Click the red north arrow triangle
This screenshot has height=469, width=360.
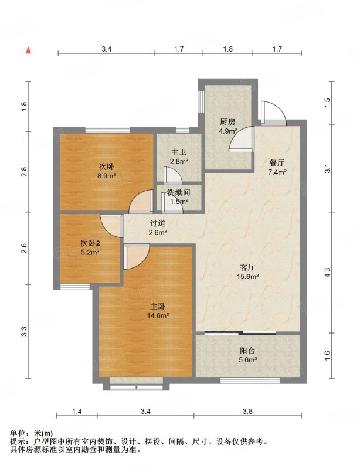[28, 50]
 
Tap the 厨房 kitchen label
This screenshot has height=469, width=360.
[227, 122]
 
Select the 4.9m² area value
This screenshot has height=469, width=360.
[228, 130]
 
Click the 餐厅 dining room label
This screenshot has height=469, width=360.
[277, 163]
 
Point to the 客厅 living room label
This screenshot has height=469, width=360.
[247, 267]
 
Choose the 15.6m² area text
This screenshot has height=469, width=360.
[248, 276]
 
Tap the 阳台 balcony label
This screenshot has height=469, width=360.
[247, 351]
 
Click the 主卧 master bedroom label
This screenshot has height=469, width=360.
[158, 306]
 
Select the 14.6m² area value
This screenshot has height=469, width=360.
[158, 315]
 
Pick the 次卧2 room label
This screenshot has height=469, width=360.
[90, 243]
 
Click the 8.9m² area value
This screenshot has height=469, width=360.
[107, 175]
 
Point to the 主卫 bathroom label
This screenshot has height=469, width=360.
[179, 153]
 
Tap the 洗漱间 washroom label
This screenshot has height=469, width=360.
[179, 192]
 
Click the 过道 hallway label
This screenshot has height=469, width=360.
[158, 223]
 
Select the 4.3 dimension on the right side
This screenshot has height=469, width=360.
[327, 272]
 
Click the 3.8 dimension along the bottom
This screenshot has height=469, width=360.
[248, 412]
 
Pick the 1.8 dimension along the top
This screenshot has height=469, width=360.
[228, 49]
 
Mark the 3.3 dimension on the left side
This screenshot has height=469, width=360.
[24, 331]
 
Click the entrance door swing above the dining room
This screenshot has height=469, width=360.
[274, 113]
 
